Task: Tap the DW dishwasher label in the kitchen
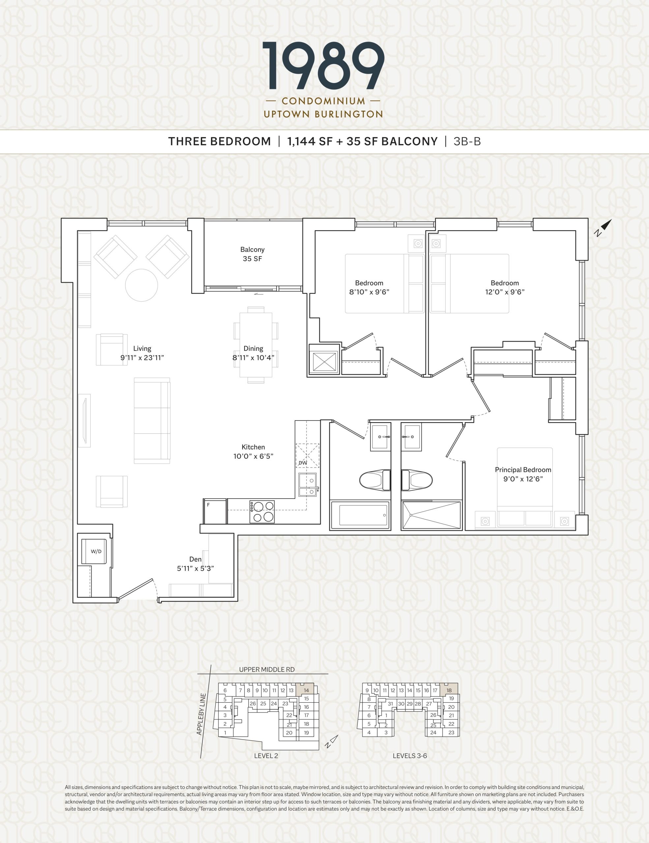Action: point(303,463)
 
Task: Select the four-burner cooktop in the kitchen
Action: point(262,512)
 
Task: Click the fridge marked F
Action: point(215,511)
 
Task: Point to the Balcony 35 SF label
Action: point(252,254)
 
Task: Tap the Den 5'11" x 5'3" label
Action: point(195,563)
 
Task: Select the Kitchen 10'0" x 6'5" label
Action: point(253,451)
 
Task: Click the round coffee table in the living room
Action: point(141,285)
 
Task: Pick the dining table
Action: point(256,345)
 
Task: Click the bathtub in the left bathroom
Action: point(364,515)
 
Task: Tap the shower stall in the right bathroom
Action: point(431,515)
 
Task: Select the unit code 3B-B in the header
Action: point(467,142)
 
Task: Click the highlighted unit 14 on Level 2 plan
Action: point(306,690)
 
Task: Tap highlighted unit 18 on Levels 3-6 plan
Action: point(449,690)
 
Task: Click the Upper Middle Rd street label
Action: point(267,669)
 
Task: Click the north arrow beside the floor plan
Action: point(604,228)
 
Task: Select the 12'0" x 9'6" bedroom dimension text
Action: point(505,292)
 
